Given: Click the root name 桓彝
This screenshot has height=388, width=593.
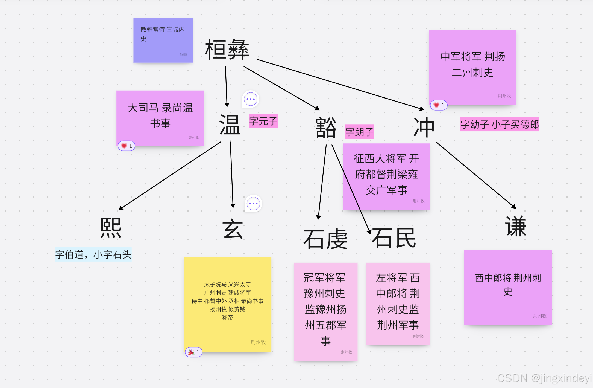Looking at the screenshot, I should click(x=227, y=50).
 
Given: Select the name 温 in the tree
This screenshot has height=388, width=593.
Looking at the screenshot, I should click(x=230, y=125).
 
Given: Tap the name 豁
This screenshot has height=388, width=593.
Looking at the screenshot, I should click(x=326, y=128).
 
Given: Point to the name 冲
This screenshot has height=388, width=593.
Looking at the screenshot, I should click(x=424, y=127).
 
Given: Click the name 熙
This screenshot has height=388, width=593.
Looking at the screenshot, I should click(x=111, y=228).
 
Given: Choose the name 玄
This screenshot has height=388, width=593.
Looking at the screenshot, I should click(x=233, y=229).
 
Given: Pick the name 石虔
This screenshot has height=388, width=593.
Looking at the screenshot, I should click(x=325, y=239).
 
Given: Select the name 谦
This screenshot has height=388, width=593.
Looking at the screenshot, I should click(x=516, y=226).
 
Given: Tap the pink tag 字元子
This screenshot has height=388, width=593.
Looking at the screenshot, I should click(x=263, y=121).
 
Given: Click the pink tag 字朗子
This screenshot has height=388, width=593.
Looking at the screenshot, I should click(x=359, y=132).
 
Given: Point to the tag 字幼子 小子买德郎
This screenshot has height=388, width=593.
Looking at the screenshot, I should click(x=500, y=124).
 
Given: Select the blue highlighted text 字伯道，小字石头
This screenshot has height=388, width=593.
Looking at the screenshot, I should click(x=93, y=254).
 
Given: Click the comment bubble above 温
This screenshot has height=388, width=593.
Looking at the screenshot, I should click(x=251, y=99).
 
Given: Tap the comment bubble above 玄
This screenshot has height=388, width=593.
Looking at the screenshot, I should click(x=253, y=204).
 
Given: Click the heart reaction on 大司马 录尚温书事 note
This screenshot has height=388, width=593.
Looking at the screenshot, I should click(x=127, y=146).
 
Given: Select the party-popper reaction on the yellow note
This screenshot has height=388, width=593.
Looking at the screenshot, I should click(x=194, y=352).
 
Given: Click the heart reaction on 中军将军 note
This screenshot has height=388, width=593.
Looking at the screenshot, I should click(x=439, y=105).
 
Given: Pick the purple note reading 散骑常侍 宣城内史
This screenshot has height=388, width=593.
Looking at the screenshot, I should click(x=163, y=40).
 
